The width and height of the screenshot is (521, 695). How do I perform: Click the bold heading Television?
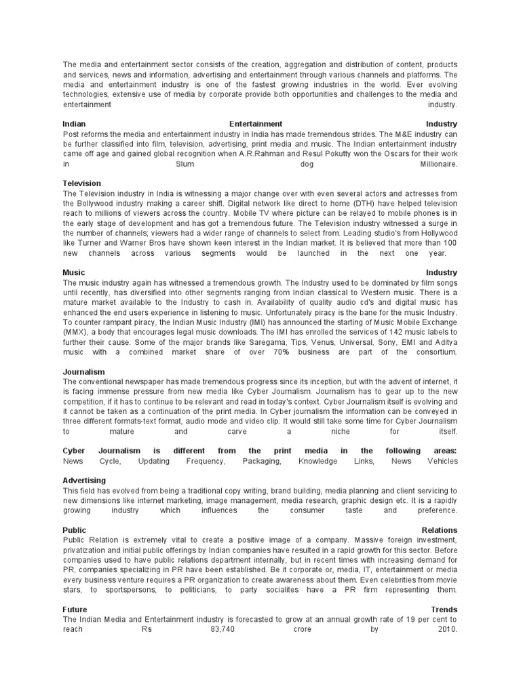point(81,183)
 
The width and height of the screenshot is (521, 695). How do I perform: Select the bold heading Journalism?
point(83,372)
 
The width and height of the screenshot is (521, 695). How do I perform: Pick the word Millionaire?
point(438,164)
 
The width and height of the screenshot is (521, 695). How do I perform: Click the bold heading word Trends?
point(444,609)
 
